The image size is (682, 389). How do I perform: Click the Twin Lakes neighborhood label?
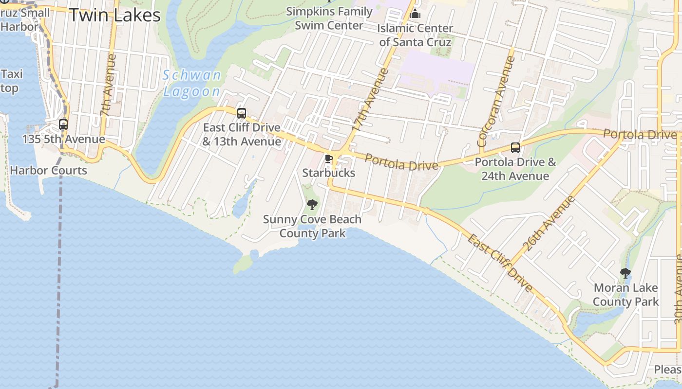pos(114,16)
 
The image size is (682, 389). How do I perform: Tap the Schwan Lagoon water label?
pos(192,83)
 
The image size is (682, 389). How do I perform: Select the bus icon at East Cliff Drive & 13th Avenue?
pos(242,113)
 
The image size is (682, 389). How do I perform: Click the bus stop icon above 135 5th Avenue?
pos(63,124)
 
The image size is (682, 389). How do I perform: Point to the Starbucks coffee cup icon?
pos(329,159)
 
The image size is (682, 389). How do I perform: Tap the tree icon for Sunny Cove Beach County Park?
pos(312,205)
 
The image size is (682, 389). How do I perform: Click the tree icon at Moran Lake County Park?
pos(625,273)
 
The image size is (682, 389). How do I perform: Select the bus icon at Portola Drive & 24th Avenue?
pos(515,148)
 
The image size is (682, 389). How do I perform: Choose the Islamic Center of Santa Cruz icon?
pos(415,14)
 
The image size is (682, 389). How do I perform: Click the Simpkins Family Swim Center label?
pos(329,18)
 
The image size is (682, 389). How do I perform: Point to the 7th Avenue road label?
pos(108,85)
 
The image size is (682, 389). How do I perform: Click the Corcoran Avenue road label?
pos(496,101)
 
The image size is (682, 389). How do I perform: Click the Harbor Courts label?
pos(49,171)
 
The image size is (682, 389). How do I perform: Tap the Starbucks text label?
pos(329,173)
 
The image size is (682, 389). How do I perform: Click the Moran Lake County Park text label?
pos(625,295)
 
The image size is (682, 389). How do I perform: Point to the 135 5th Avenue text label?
pos(64,140)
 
